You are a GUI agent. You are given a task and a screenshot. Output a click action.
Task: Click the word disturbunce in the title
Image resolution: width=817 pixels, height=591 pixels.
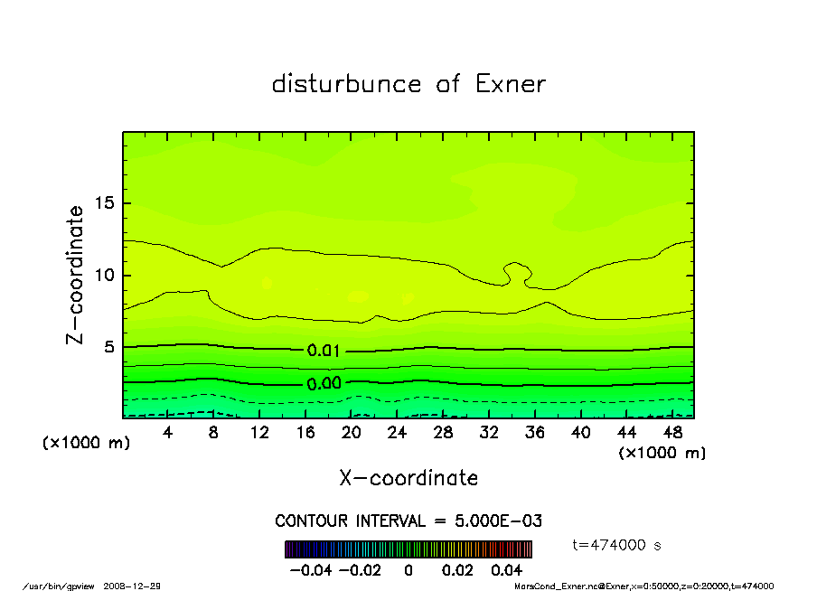pyautogui.click(x=346, y=84)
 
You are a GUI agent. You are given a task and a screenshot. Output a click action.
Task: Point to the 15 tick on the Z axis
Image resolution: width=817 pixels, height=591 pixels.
pyautogui.click(x=105, y=203)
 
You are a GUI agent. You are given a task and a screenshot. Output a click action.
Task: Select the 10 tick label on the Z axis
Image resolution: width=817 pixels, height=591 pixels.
pyautogui.click(x=105, y=276)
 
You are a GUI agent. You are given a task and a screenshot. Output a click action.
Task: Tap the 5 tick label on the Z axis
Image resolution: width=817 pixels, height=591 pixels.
pyautogui.click(x=110, y=348)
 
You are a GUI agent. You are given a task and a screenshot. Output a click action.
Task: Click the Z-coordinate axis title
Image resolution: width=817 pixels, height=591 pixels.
pyautogui.click(x=76, y=275)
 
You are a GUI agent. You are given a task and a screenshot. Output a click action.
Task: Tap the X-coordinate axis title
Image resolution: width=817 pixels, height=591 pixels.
pyautogui.click(x=408, y=478)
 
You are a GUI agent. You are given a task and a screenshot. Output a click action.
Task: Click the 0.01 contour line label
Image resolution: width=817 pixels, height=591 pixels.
pyautogui.click(x=324, y=352)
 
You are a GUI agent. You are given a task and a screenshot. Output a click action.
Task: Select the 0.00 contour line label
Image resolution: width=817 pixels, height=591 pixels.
pyautogui.click(x=324, y=383)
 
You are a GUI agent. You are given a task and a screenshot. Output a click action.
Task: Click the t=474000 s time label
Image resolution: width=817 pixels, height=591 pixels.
pyautogui.click(x=617, y=545)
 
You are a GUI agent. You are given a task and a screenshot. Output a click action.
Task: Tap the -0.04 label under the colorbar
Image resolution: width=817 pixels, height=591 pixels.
pyautogui.click(x=308, y=570)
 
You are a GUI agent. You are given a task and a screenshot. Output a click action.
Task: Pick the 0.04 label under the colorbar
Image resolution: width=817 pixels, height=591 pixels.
pyautogui.click(x=507, y=570)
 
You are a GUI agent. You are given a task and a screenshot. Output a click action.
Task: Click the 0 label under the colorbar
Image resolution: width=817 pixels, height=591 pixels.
pyautogui.click(x=408, y=570)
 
